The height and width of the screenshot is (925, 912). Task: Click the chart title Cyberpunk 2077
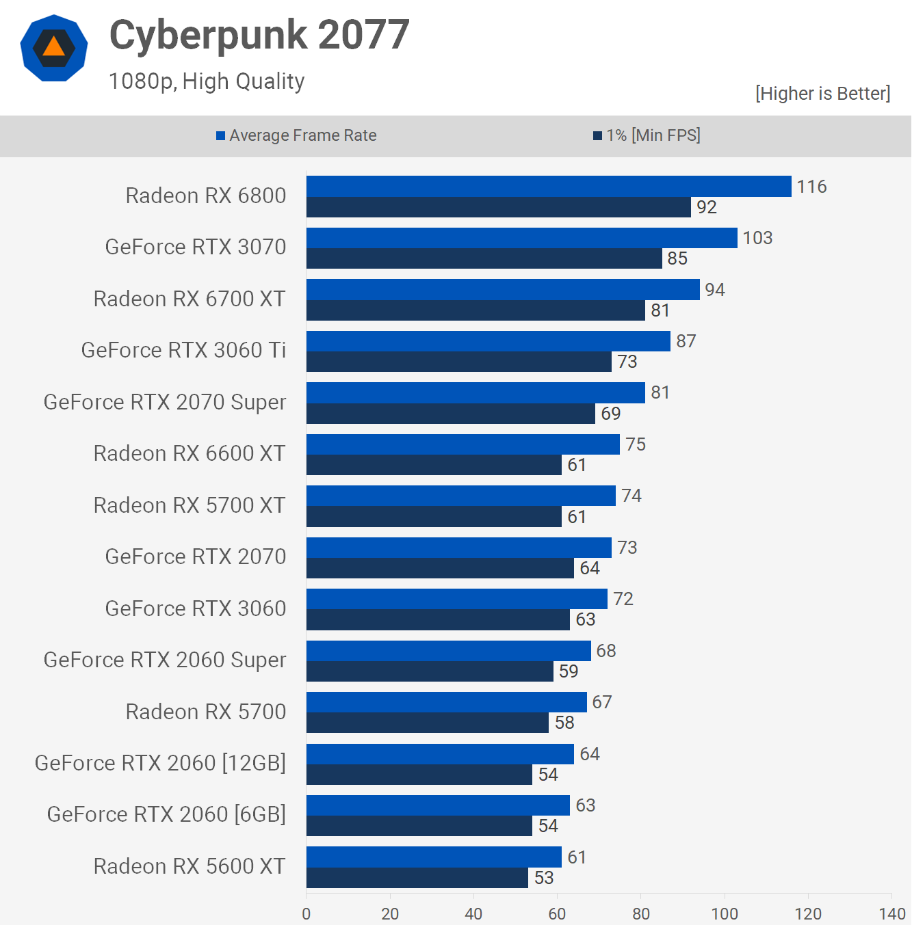259,35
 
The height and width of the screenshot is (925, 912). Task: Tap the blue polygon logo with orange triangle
54,48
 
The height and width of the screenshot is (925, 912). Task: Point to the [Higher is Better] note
822,94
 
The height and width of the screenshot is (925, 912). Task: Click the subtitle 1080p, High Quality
207,81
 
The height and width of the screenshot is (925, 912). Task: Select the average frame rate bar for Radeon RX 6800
549,187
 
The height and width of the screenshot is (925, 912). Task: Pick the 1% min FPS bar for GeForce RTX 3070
484,258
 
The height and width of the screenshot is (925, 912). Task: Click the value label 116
811,187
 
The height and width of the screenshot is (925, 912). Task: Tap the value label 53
544,878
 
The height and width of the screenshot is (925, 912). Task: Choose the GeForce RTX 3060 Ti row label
183,350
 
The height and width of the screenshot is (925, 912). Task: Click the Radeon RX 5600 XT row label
190,866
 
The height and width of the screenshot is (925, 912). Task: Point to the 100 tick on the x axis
725,913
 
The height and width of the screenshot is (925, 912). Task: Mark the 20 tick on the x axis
390,913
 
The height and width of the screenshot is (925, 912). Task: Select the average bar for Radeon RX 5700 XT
461,496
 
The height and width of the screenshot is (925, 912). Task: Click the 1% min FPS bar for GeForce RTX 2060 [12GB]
419,775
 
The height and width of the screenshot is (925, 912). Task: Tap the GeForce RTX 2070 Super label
165,402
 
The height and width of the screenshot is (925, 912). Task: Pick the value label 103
757,238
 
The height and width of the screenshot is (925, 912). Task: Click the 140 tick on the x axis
892,913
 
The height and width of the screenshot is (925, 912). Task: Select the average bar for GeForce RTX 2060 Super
449,651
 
